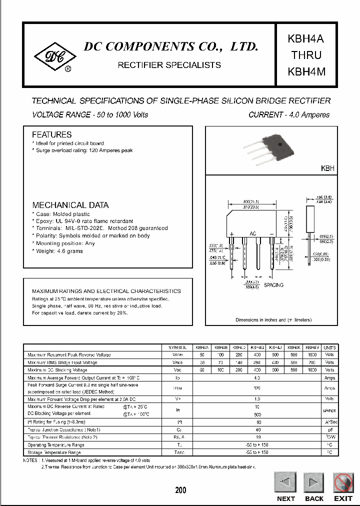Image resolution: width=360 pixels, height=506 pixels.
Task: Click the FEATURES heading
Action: (x=51, y=135)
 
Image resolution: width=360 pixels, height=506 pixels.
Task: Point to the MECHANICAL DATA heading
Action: (x=70, y=205)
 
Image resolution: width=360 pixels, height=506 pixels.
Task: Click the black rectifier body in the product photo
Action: (x=280, y=142)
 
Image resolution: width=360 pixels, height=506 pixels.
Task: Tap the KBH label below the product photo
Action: (x=327, y=169)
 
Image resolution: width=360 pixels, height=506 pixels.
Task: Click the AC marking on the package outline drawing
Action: (x=253, y=234)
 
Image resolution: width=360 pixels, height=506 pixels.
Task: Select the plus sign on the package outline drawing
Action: (x=232, y=234)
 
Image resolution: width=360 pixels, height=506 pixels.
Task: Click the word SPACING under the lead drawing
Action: (x=273, y=285)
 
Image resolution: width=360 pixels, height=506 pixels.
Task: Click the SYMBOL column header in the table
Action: (x=177, y=347)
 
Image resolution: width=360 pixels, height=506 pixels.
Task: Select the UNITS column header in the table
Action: (x=330, y=347)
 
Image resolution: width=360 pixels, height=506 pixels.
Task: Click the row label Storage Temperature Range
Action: (x=54, y=452)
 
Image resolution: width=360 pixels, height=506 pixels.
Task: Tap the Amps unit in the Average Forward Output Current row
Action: (x=330, y=377)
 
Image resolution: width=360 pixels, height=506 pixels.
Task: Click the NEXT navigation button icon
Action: (x=285, y=483)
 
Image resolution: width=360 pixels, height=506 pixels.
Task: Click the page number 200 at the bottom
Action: (x=180, y=490)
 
